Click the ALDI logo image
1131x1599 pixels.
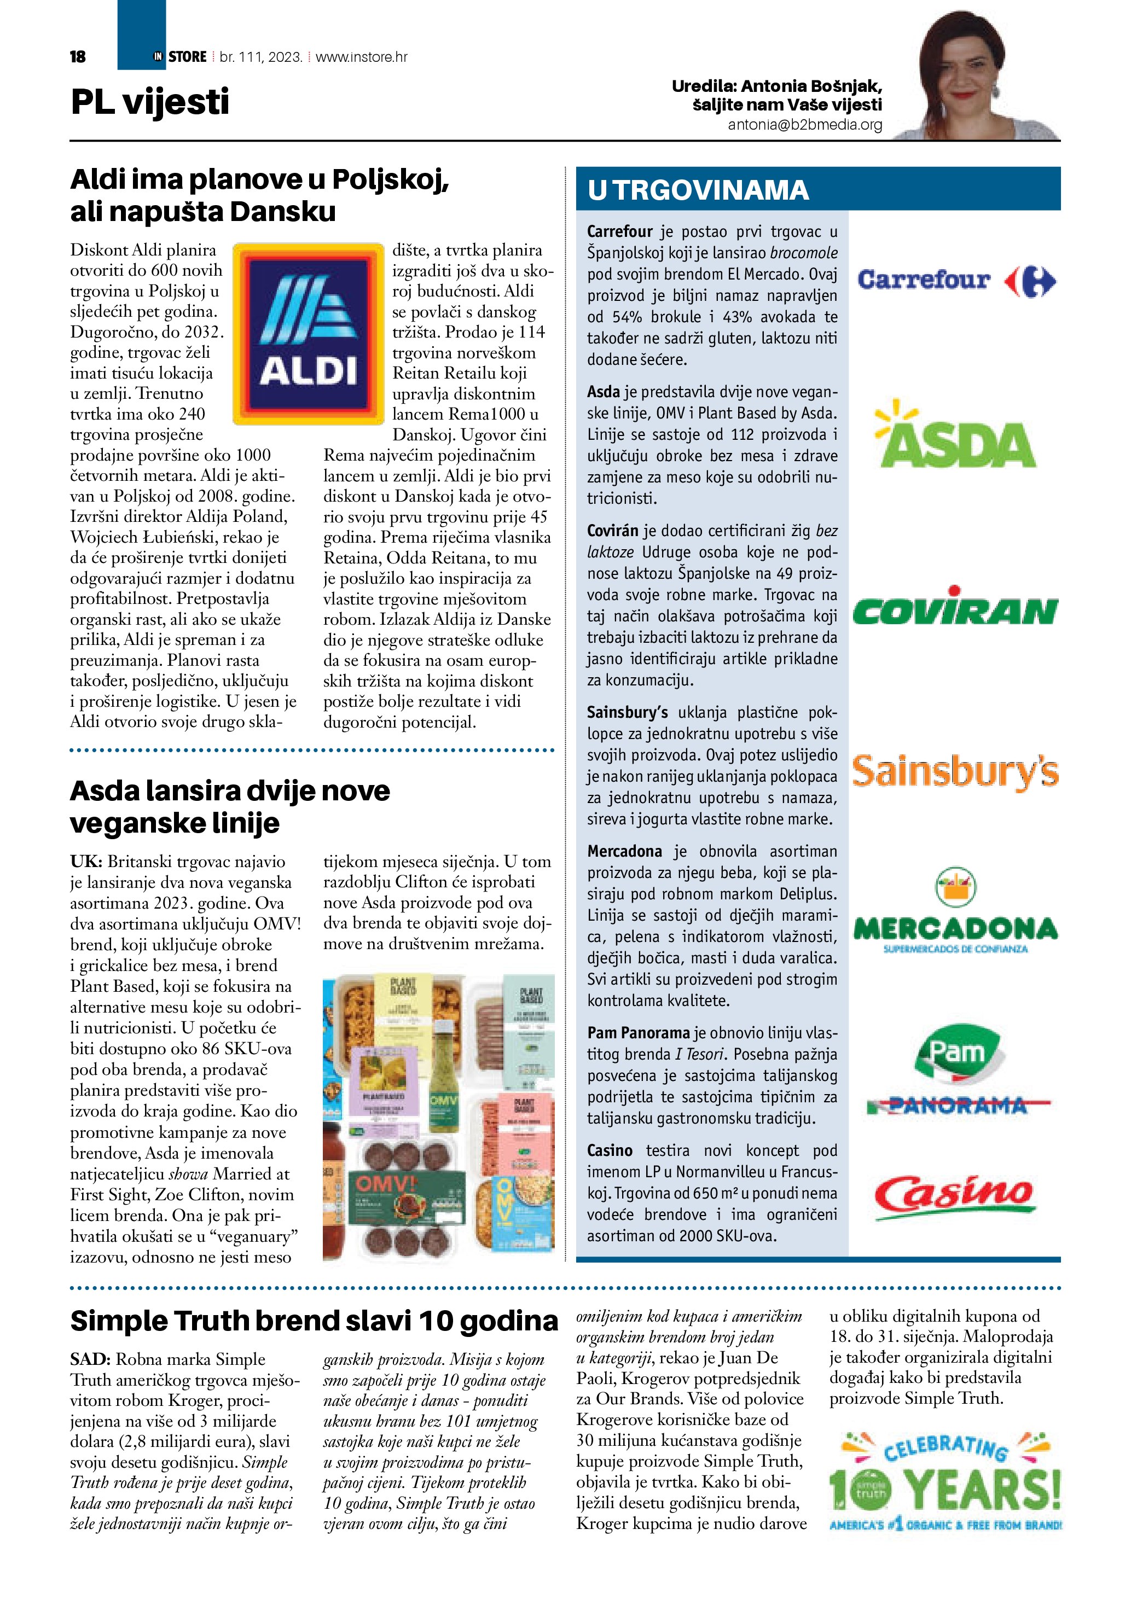[x=308, y=334]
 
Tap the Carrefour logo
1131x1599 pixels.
[x=956, y=281]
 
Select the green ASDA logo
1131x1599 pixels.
[x=955, y=435]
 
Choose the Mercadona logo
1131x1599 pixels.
[x=955, y=912]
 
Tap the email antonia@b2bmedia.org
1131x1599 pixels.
[x=804, y=125]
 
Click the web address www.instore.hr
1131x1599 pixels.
[x=362, y=57]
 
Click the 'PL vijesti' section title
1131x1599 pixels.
[x=150, y=102]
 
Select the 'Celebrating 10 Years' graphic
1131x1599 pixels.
[x=945, y=1484]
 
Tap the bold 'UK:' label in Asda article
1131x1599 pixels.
[x=86, y=862]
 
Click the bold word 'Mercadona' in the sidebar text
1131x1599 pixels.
[x=624, y=851]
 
